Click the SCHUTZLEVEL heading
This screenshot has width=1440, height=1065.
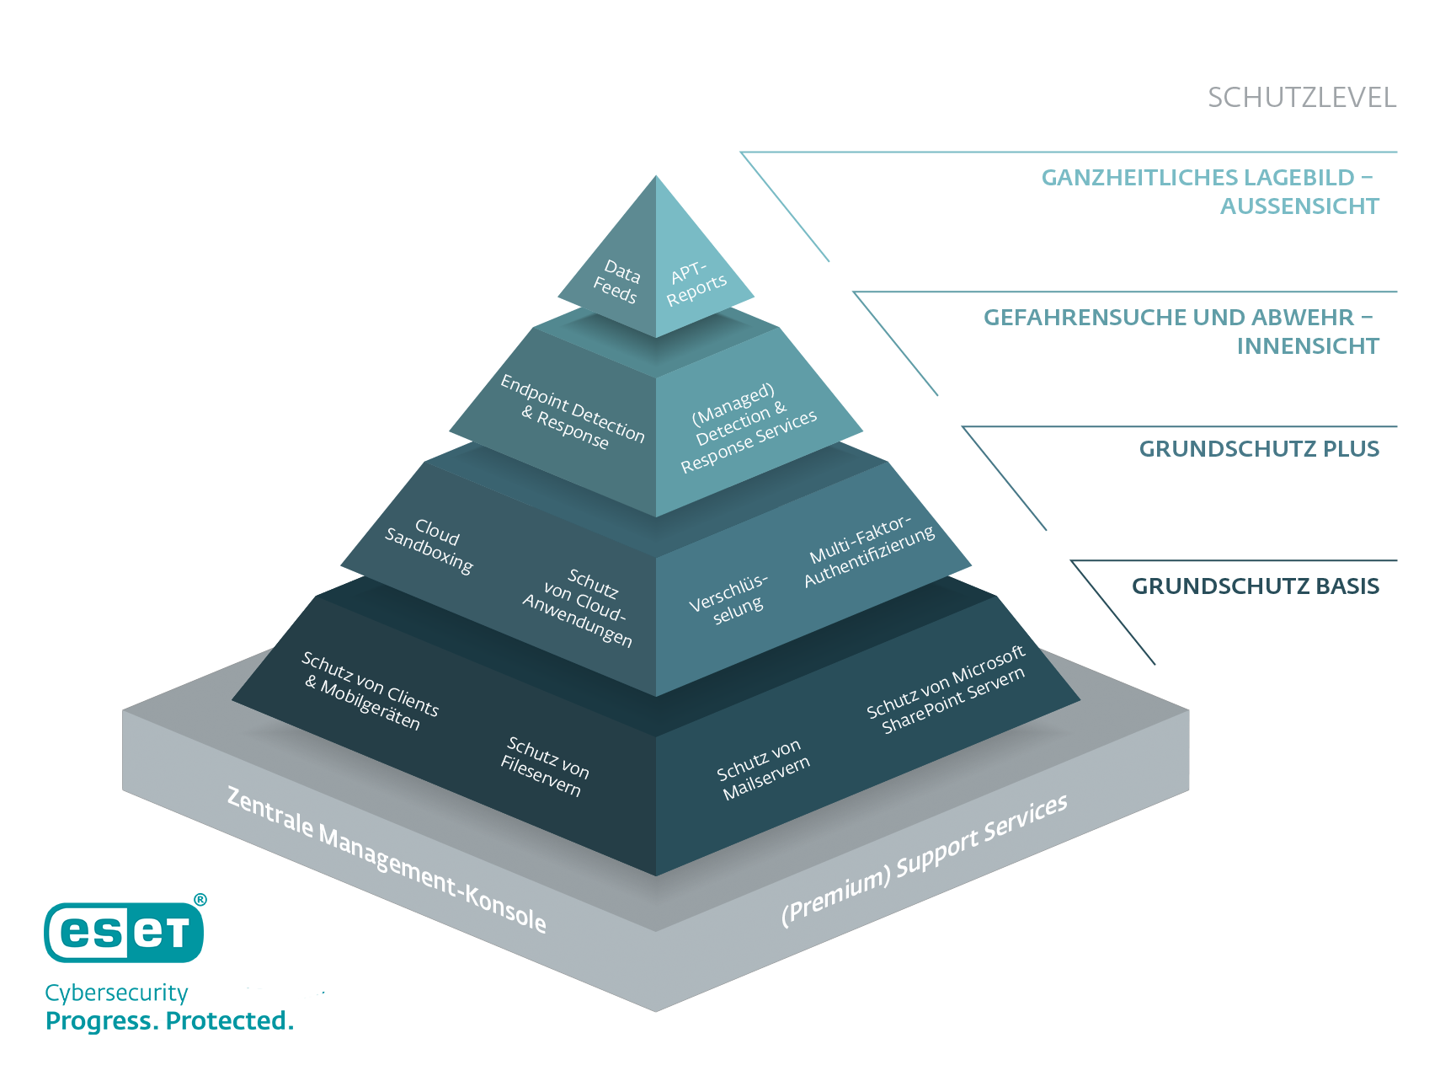tap(1302, 98)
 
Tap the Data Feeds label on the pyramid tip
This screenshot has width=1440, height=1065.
tap(617, 282)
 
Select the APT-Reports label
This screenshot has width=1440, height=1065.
tap(696, 284)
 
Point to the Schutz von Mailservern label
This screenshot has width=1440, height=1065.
tap(763, 770)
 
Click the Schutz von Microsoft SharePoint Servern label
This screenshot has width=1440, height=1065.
tap(947, 689)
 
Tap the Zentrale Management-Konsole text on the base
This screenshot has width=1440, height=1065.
tap(387, 859)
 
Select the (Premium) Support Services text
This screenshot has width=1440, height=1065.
tap(925, 860)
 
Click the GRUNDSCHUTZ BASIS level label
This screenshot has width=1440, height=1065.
tap(1255, 586)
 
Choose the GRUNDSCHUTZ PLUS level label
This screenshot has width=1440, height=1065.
tap(1259, 448)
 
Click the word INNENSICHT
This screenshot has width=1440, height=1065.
tap(1308, 345)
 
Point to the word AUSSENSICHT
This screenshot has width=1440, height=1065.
tap(1299, 206)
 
